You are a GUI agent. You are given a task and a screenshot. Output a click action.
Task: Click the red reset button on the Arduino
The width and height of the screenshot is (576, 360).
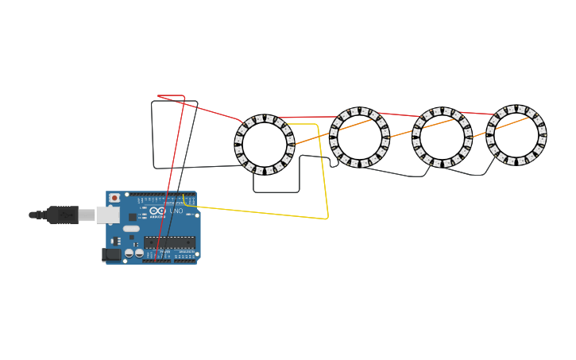coord(114,198)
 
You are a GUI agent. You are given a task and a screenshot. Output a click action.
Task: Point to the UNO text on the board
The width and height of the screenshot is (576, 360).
coord(176,211)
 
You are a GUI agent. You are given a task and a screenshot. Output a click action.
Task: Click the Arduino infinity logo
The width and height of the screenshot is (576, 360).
coord(158,211)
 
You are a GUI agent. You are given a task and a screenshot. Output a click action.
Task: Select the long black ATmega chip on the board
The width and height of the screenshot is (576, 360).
coord(169,242)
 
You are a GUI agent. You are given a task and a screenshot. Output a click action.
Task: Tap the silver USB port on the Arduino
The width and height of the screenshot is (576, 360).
coord(108,215)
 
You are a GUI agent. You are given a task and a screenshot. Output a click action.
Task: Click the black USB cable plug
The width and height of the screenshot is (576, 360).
coord(62,215)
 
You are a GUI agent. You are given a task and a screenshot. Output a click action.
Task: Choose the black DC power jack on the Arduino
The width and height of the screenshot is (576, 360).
coord(111,254)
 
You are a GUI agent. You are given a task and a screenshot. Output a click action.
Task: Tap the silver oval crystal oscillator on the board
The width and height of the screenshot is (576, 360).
coord(131,228)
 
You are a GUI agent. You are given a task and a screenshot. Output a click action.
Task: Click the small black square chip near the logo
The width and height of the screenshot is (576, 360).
coord(133,217)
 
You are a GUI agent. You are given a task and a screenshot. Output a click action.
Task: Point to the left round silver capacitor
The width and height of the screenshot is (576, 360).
coord(130,253)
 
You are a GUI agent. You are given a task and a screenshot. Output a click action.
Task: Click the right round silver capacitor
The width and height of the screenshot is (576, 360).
coord(140,253)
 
